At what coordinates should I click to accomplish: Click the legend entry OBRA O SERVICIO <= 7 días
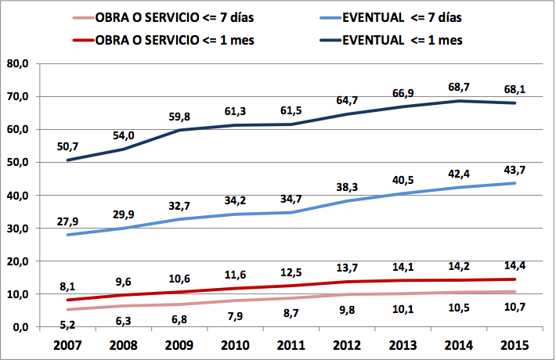tap(163, 18)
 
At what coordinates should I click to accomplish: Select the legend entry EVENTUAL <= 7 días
tap(391, 18)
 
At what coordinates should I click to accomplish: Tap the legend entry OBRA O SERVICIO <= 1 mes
tap(163, 40)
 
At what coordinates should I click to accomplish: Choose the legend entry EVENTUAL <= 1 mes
tap(391, 40)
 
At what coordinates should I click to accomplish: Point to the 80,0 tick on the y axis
tap(18, 63)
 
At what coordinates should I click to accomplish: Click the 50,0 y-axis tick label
tap(18, 162)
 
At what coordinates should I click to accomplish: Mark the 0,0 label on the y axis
tap(21, 327)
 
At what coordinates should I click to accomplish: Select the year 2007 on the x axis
tap(67, 345)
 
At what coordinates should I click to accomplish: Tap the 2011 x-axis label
tap(291, 345)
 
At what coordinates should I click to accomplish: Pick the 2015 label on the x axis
tap(514, 345)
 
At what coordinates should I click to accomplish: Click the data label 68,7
tap(459, 87)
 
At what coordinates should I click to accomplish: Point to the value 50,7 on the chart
tap(67, 146)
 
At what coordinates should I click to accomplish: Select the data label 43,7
tap(514, 170)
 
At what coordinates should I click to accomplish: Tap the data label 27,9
tap(67, 221)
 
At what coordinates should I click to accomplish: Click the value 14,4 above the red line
tap(514, 265)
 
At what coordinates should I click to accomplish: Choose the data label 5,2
tap(67, 325)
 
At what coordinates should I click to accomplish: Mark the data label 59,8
tap(179, 117)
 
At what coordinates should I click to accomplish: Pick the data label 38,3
tap(347, 187)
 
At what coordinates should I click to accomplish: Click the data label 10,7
tap(514, 307)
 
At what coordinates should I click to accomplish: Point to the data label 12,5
tap(291, 272)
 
